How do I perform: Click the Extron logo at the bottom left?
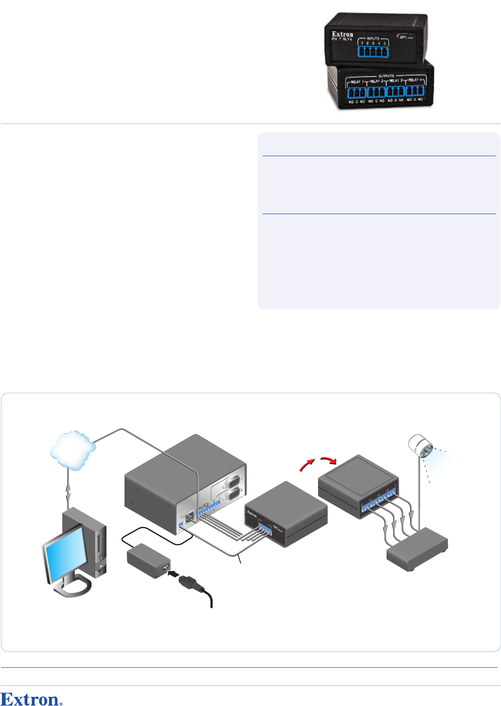pyautogui.click(x=31, y=699)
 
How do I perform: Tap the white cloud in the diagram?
pyautogui.click(x=73, y=449)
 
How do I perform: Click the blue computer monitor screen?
pyautogui.click(x=65, y=555)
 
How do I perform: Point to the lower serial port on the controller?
pyautogui.click(x=234, y=495)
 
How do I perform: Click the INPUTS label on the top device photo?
pyautogui.click(x=373, y=38)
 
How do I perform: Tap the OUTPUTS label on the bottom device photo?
pyautogui.click(x=386, y=76)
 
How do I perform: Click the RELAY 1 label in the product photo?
pyautogui.click(x=356, y=82)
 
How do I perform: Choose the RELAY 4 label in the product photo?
pyautogui.click(x=413, y=80)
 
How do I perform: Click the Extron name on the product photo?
pyautogui.click(x=342, y=34)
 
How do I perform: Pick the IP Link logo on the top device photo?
pyautogui.click(x=405, y=36)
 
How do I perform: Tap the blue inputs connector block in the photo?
pyautogui.click(x=373, y=51)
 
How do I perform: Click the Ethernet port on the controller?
pyautogui.click(x=191, y=516)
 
